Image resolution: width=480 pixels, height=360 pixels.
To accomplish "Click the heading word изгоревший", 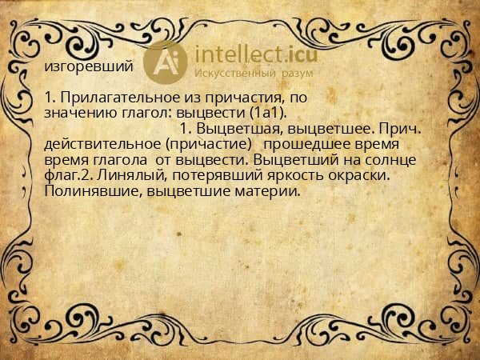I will pos(89,66).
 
